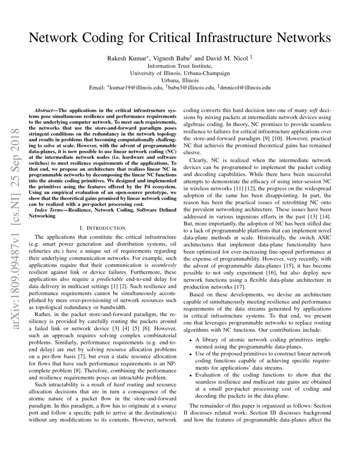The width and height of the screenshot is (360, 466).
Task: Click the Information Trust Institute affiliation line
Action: click(x=180, y=66)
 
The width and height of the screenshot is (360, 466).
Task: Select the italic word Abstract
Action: click(x=43, y=110)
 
